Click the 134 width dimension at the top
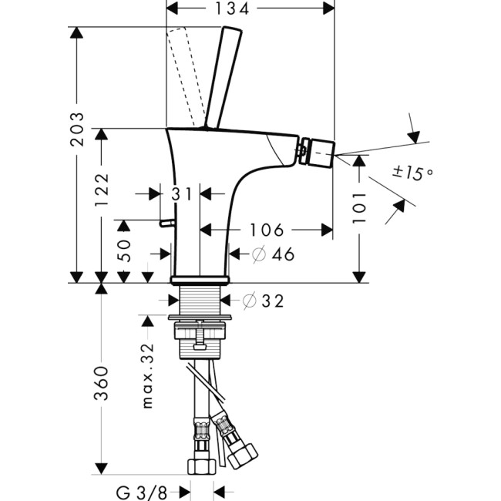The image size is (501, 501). click(250, 9)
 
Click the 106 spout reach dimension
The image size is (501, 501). click(266, 229)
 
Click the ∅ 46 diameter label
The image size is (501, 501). click(274, 254)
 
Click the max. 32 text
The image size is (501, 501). click(148, 375)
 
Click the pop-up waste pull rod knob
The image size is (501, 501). click(163, 224)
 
